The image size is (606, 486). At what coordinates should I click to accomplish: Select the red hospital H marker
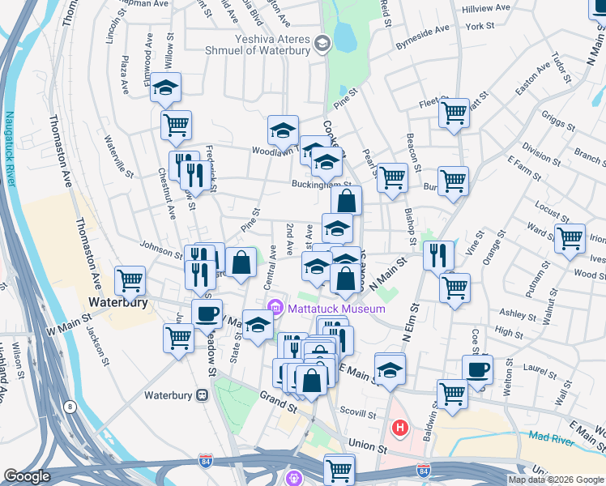click(399, 427)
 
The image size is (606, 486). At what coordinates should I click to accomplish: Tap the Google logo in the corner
click(28, 476)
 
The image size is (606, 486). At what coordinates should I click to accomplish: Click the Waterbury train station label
click(167, 396)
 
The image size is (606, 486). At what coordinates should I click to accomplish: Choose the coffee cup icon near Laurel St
click(477, 370)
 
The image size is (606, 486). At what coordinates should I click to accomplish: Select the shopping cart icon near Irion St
click(570, 238)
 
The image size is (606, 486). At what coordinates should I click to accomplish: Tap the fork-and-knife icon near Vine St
click(438, 255)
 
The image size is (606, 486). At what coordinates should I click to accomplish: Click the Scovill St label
click(356, 409)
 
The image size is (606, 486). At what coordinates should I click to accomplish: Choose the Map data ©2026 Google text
click(555, 480)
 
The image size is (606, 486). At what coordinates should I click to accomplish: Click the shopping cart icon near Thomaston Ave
click(130, 281)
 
